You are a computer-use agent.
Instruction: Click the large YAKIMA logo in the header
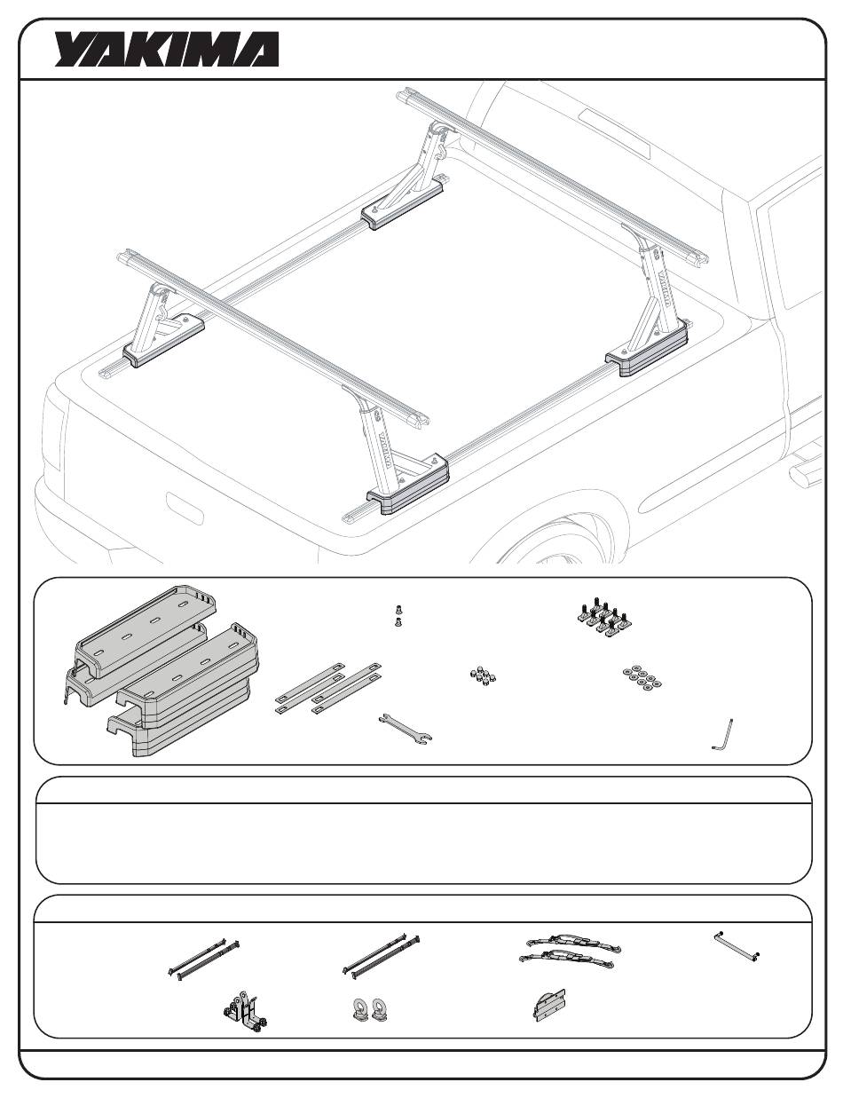click(x=167, y=49)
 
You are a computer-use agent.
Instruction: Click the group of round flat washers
click(x=642, y=677)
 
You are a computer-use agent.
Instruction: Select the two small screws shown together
click(x=399, y=615)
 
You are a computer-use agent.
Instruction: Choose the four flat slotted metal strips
click(x=328, y=688)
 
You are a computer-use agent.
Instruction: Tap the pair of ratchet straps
click(x=570, y=950)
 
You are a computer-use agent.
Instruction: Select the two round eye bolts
click(x=371, y=1008)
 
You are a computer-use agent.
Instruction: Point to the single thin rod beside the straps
click(x=737, y=946)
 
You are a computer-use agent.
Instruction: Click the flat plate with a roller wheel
click(x=549, y=1005)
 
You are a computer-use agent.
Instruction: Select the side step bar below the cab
click(x=807, y=468)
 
